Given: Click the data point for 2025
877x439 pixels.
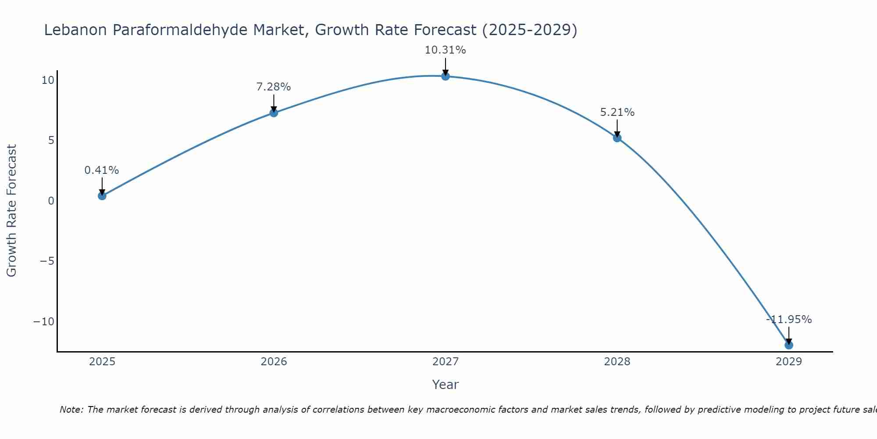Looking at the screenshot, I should coord(102,196).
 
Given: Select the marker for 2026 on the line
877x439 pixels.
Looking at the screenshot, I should coord(274,113).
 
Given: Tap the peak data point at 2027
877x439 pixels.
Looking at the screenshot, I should coord(446,76).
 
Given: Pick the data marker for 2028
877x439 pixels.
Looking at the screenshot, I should coord(617,138).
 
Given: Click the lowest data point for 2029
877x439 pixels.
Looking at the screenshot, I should coord(789,345).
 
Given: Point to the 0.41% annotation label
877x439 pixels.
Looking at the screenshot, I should coord(102,170).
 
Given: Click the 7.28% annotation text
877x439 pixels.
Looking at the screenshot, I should coord(274,87).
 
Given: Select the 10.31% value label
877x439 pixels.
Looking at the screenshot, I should coord(445,50).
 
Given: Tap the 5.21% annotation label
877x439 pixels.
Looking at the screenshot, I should coord(617,112).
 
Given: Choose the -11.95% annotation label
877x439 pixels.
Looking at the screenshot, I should coord(789,320).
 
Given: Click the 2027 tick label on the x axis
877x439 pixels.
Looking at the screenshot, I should coord(446,362).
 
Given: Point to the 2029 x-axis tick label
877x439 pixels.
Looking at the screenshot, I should coord(789,362).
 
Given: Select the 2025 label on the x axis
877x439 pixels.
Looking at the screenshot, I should coord(102,362).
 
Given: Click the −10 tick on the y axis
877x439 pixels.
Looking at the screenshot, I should coord(44,322).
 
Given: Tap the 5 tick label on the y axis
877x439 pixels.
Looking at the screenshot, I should coord(51,140).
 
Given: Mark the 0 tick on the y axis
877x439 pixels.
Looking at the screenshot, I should coord(51,201).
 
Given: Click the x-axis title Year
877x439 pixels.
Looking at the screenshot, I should coord(445,385).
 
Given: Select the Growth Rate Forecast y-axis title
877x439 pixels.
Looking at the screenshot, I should coord(11,211).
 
